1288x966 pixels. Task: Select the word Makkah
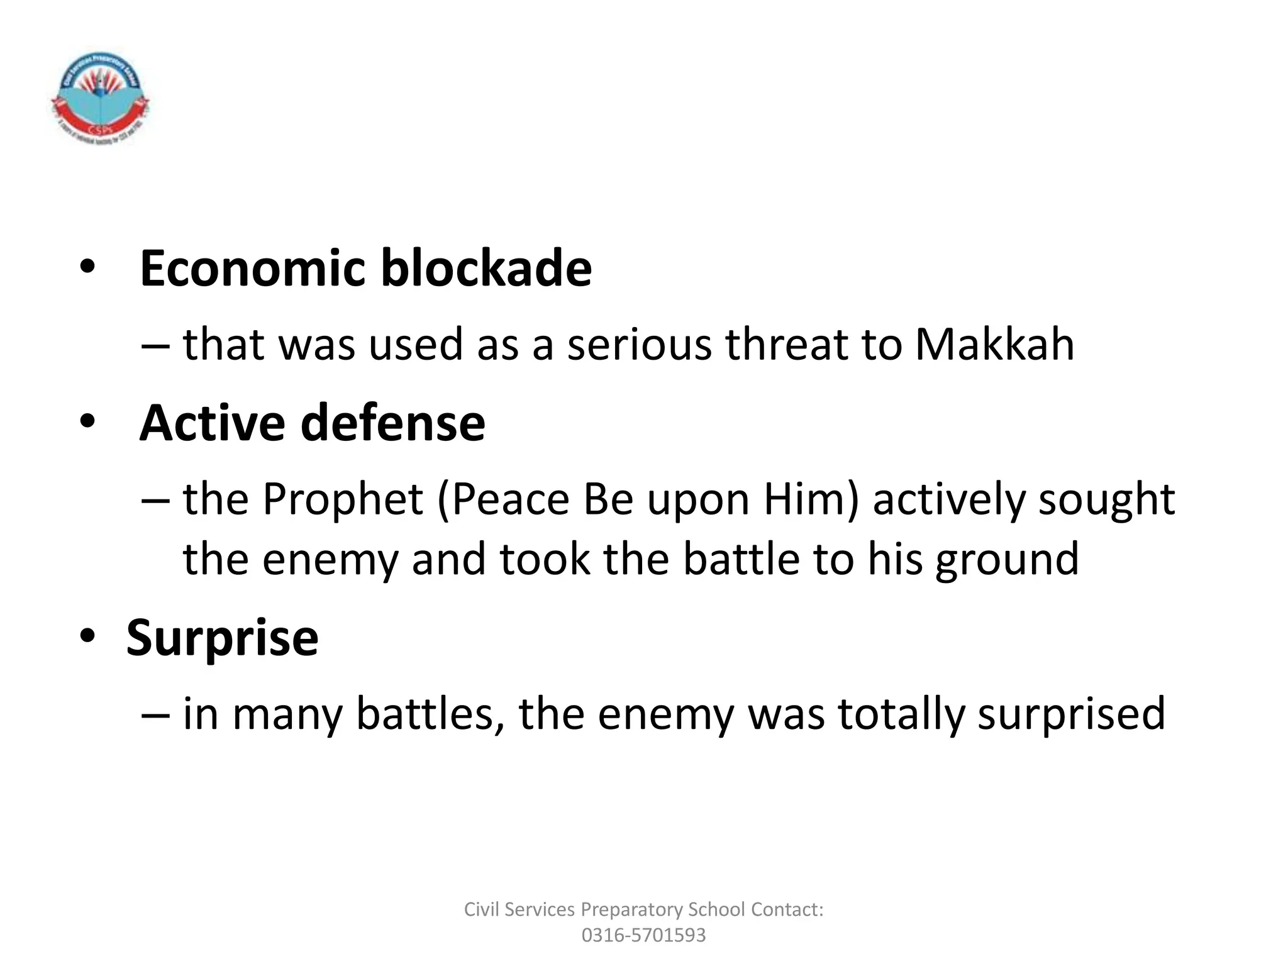pyautogui.click(x=994, y=345)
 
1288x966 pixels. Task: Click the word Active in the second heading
pyautogui.click(x=212, y=423)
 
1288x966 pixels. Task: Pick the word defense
pyautogui.click(x=393, y=423)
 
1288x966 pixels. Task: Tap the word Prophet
pyautogui.click(x=343, y=499)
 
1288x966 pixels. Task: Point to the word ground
pyautogui.click(x=1007, y=560)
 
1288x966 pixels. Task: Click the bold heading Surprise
pyautogui.click(x=223, y=638)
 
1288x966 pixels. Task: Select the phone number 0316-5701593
pyautogui.click(x=643, y=935)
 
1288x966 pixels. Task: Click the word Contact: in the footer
pyautogui.click(x=787, y=909)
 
